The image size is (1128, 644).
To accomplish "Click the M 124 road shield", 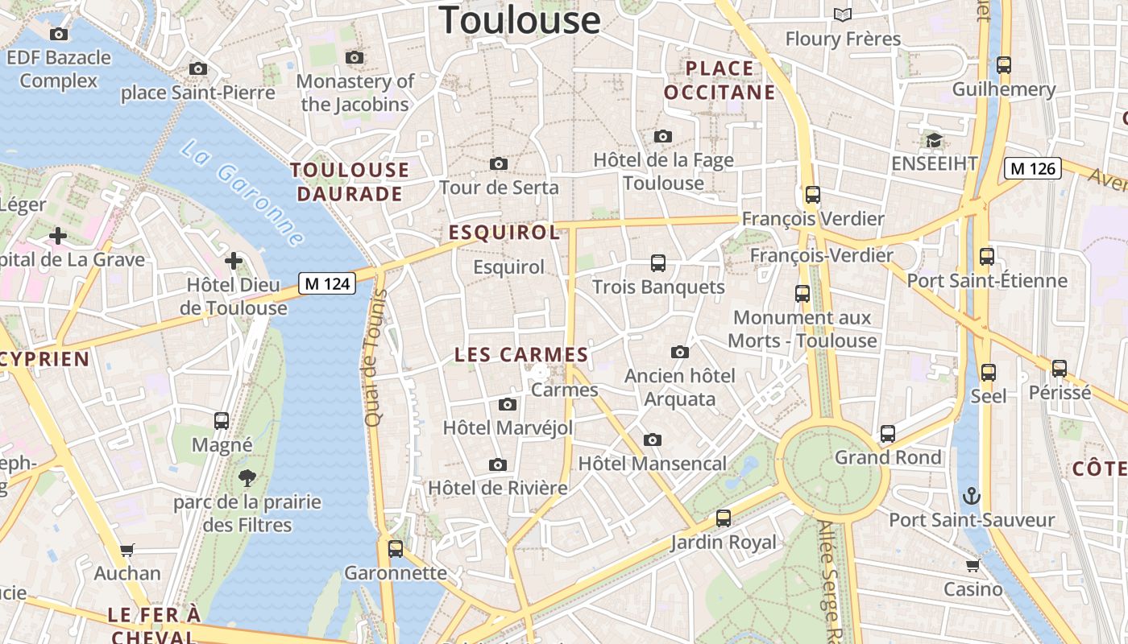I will [x=327, y=283].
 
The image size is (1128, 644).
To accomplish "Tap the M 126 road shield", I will [x=1032, y=168].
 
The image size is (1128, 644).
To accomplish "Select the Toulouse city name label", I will [x=520, y=19].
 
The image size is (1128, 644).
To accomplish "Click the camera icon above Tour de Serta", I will [x=499, y=164].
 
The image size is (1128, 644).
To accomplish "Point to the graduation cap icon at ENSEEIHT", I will [x=934, y=141].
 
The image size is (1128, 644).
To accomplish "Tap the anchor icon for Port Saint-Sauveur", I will [x=972, y=496].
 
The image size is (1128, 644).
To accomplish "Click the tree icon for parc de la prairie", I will [x=247, y=478].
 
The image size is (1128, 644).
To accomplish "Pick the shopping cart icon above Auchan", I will [x=127, y=551].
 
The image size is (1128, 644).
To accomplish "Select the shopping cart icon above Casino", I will [x=973, y=565].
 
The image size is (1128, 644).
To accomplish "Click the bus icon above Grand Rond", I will [x=888, y=434].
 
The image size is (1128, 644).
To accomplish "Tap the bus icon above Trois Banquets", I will [x=658, y=263].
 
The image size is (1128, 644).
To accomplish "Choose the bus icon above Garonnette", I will [x=396, y=549].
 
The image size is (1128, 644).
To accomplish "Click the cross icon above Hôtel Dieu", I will [x=234, y=261].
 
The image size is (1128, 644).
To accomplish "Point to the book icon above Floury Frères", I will [x=843, y=14].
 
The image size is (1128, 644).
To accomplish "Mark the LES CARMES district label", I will [x=521, y=355].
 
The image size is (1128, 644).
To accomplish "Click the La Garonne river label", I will [x=242, y=194].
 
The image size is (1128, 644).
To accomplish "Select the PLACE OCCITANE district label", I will [x=720, y=80].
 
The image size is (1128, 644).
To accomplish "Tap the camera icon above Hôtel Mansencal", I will [x=653, y=440].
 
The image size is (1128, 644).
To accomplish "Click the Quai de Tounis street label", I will [x=372, y=357].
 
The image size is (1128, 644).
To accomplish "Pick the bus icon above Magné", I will [x=222, y=421].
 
